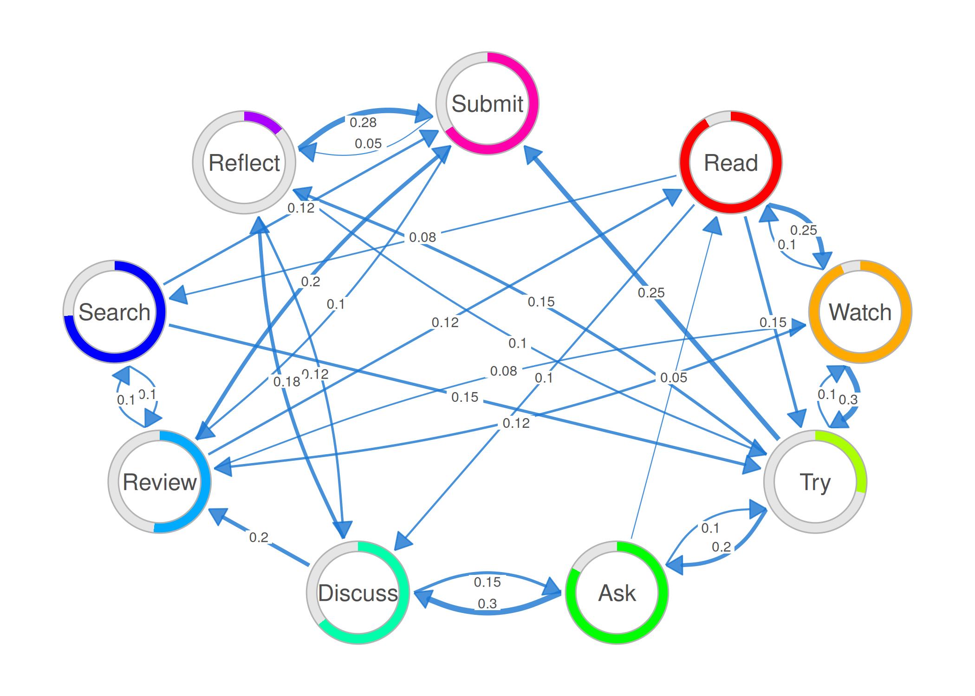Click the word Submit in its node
tap(487, 103)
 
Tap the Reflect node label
tap(244, 163)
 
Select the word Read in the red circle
tap(731, 163)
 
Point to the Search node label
tap(114, 312)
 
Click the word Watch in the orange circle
tap(860, 312)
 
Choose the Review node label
tap(159, 482)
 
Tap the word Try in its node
tap(815, 482)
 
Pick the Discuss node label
tap(357, 593)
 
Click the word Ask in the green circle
tap(617, 593)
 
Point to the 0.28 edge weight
tap(363, 122)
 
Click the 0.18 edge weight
tap(286, 382)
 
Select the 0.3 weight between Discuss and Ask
tap(487, 604)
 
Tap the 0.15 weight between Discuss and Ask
tap(487, 582)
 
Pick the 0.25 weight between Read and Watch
tap(803, 230)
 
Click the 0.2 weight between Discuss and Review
tap(259, 537)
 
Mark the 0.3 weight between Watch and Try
tap(848, 400)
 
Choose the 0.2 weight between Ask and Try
tap(721, 547)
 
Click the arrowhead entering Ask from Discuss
tap(552, 587)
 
